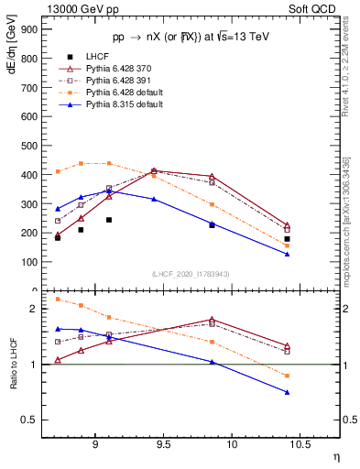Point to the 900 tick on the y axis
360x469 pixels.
pyautogui.click(x=30, y=29)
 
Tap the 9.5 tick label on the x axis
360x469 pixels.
pyautogui.click(x=164, y=445)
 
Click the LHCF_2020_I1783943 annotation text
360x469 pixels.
pyautogui.click(x=191, y=275)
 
